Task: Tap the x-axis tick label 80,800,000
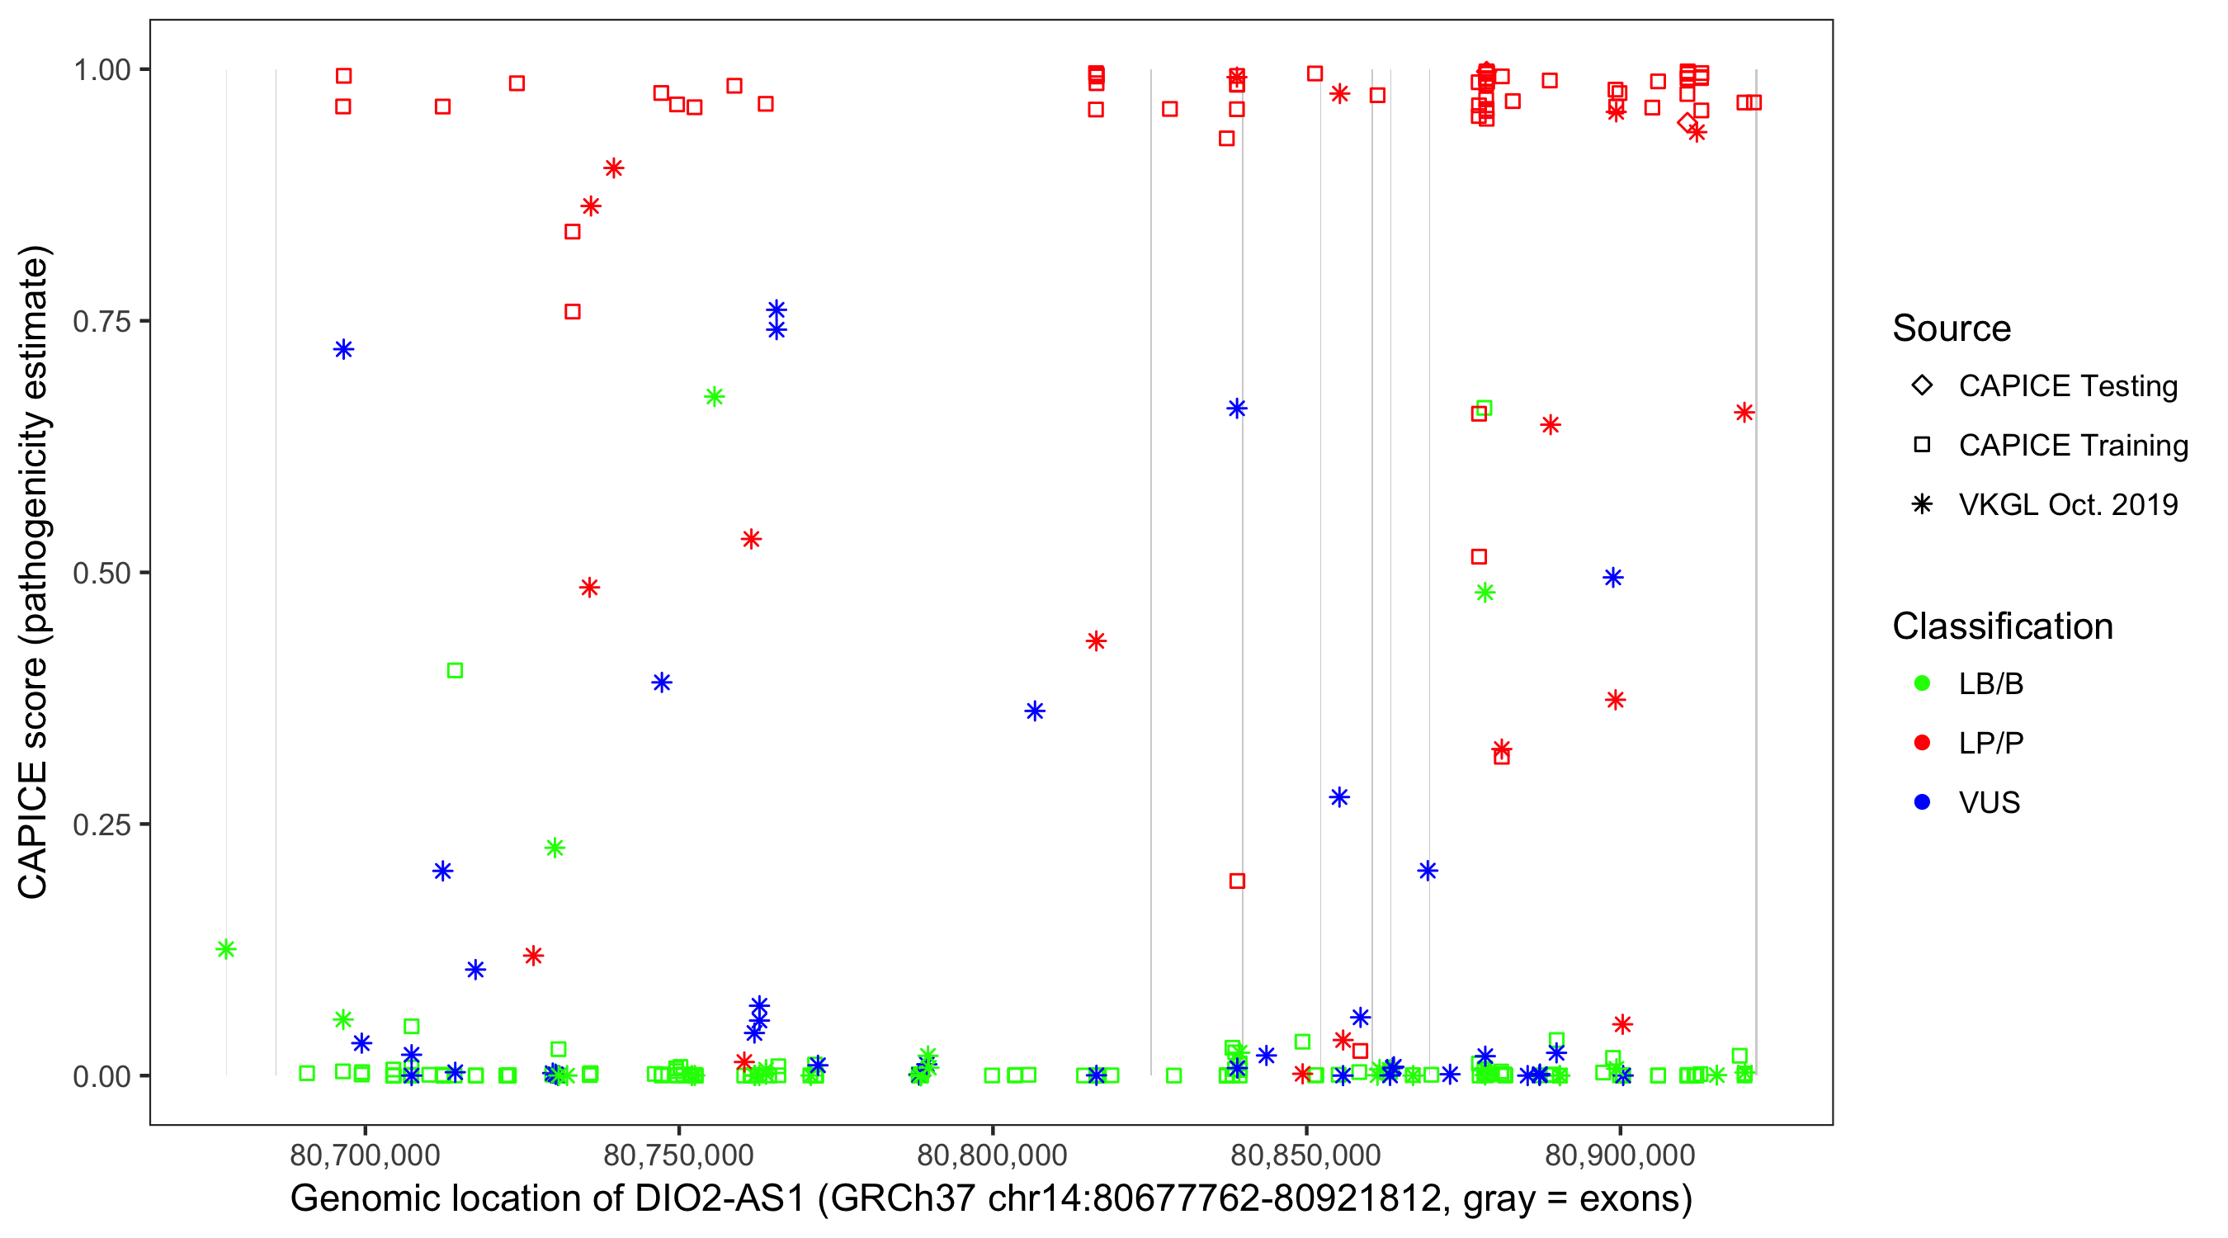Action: point(992,1154)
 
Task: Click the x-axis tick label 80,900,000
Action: point(1619,1154)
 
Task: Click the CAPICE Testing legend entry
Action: point(2068,386)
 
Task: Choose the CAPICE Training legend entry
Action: point(2073,446)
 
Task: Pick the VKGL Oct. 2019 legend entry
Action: point(2068,505)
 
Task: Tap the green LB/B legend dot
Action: point(1922,683)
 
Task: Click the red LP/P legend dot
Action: point(1922,743)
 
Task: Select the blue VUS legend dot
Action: point(1922,803)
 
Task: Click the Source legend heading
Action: point(1952,328)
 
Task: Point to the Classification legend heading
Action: point(2002,626)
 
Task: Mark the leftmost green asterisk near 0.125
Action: point(226,949)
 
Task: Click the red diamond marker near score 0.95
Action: point(1687,123)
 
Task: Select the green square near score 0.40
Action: point(455,670)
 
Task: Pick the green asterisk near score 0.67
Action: point(714,397)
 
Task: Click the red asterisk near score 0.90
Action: point(613,168)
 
